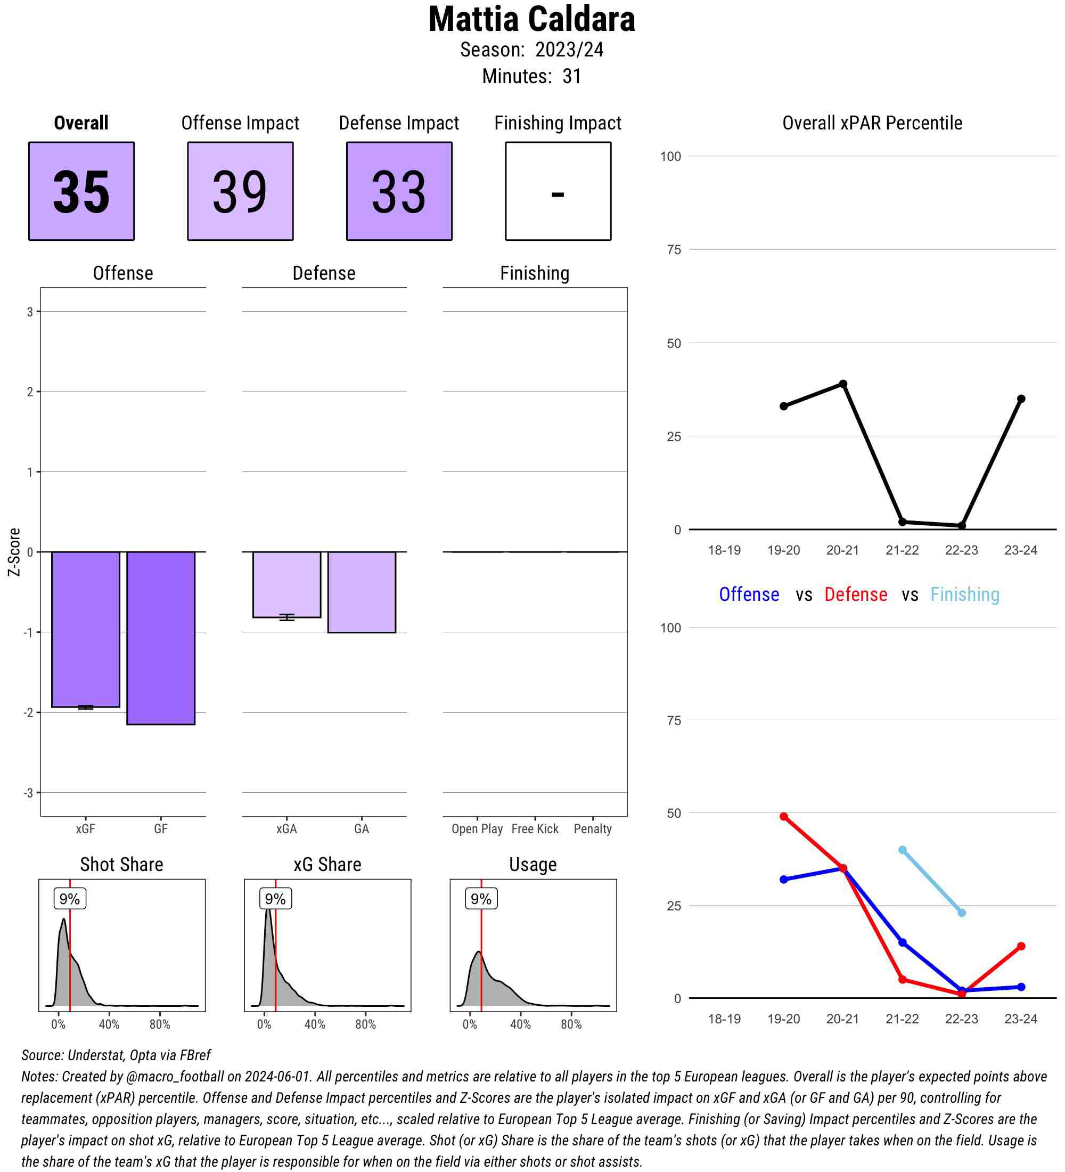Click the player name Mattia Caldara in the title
point(531,20)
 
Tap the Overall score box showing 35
point(81,191)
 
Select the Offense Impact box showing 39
point(240,191)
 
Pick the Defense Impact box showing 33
point(399,191)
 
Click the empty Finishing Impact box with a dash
point(558,191)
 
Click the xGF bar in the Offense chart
point(85,629)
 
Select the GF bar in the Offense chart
point(161,638)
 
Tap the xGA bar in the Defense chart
point(286,584)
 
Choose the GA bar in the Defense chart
point(362,592)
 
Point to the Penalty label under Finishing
point(593,829)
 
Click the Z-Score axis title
point(14,552)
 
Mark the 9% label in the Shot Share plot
point(70,899)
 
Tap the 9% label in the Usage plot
point(481,899)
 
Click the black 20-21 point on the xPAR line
point(843,384)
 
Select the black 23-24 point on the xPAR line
point(1021,399)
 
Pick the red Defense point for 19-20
point(784,817)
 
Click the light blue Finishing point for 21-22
point(902,850)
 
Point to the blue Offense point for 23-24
point(1021,987)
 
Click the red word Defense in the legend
point(856,595)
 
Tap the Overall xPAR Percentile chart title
point(872,123)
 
